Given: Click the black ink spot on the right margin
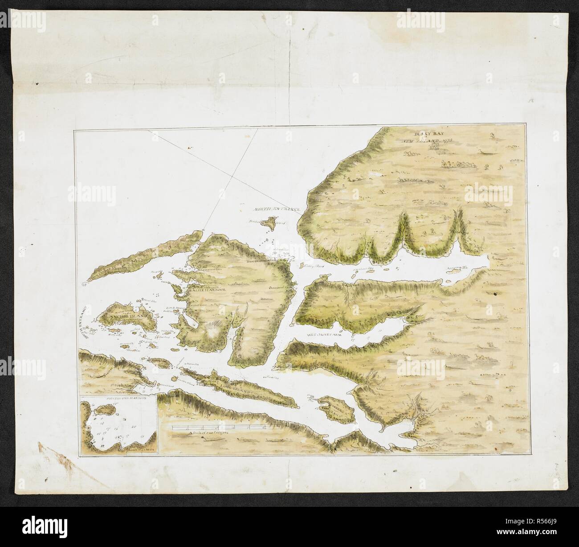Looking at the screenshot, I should (x=496, y=294).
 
